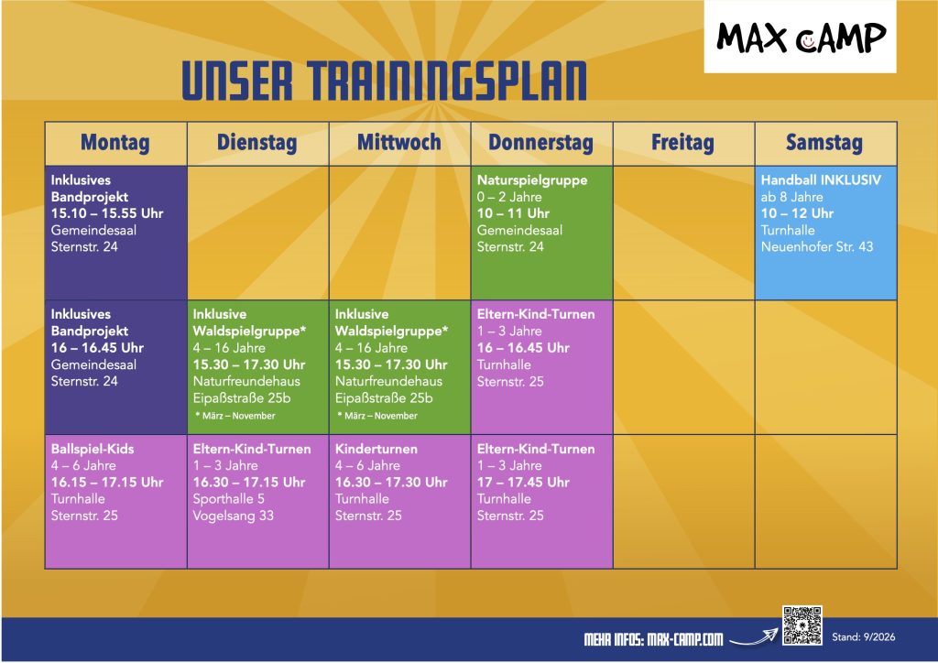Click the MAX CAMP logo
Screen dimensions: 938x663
[x=801, y=37]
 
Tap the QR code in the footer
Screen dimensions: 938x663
[x=802, y=625]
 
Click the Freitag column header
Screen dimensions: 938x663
[x=682, y=142]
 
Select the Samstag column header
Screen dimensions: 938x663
[x=824, y=142]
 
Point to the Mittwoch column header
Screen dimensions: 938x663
[x=399, y=142]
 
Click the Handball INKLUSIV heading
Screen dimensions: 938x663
[x=821, y=179]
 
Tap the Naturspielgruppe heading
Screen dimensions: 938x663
[x=532, y=180]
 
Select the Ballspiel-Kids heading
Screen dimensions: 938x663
[x=93, y=449]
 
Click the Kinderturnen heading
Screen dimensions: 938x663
[x=376, y=449]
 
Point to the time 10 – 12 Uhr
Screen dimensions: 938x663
[x=797, y=213]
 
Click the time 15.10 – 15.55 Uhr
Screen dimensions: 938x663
[x=107, y=213]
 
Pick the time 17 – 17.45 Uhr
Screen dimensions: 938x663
[x=523, y=482]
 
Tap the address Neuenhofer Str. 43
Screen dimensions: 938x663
[x=816, y=246]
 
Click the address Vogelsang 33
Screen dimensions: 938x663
[x=233, y=516]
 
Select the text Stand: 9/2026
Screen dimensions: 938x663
[x=863, y=636]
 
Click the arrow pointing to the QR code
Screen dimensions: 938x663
[x=754, y=638]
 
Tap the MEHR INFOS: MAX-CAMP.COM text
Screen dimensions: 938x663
[x=653, y=639]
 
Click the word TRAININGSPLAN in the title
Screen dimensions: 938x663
[x=447, y=80]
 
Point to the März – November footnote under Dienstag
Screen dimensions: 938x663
[x=235, y=416]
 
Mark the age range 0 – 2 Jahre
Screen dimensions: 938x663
[x=509, y=197]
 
